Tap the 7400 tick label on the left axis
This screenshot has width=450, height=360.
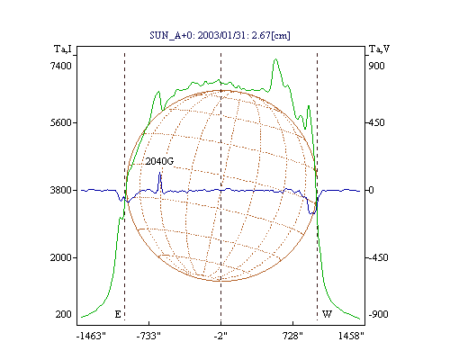click(x=61, y=66)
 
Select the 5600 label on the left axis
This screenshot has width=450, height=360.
click(x=61, y=122)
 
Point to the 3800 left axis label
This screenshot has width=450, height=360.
click(x=61, y=190)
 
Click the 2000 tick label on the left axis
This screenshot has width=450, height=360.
click(x=61, y=257)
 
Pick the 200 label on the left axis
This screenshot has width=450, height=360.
click(x=64, y=314)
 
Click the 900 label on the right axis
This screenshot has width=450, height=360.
click(x=377, y=66)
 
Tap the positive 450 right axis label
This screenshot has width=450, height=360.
click(x=377, y=122)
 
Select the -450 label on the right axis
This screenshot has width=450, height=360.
click(x=378, y=257)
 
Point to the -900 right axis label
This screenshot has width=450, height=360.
click(x=378, y=314)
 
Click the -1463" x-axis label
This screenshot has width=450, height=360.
click(x=91, y=336)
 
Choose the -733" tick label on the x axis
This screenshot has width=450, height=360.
click(x=148, y=336)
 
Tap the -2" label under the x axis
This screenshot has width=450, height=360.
click(x=220, y=336)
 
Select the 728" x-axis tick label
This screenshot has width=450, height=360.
click(x=292, y=336)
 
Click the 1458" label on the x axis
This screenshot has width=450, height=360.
click(x=351, y=336)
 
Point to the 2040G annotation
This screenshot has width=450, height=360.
click(x=159, y=161)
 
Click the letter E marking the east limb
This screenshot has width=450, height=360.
click(x=118, y=314)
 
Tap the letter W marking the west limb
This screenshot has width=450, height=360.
click(x=327, y=314)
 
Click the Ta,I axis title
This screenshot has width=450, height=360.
click(x=63, y=49)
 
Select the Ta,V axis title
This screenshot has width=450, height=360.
click(x=379, y=49)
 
